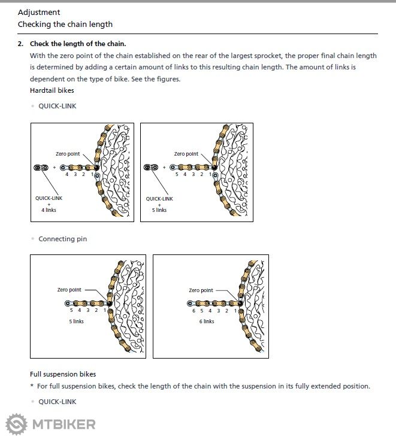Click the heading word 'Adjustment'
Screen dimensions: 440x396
39,12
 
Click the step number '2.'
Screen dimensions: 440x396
20,44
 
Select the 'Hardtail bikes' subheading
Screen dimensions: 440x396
52,90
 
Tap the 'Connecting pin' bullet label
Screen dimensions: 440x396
62,239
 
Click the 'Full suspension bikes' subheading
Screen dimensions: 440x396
63,374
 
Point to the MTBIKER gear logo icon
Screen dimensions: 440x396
16,424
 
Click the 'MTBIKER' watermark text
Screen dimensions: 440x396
64,424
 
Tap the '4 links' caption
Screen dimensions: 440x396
49,210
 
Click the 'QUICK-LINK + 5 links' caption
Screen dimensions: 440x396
159,204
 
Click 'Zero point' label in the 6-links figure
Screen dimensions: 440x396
201,290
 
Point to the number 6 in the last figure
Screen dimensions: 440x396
194,311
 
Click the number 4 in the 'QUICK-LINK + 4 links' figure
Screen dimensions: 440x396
66,174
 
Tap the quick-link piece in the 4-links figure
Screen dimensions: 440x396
41,168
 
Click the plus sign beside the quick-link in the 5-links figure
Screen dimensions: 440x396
164,168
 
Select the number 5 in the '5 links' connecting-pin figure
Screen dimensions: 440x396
71,311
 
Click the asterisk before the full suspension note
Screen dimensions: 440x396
32,387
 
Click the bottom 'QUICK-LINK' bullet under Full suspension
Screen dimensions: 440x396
57,402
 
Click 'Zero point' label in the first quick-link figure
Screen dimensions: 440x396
68,154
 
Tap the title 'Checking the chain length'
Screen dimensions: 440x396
65,25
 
